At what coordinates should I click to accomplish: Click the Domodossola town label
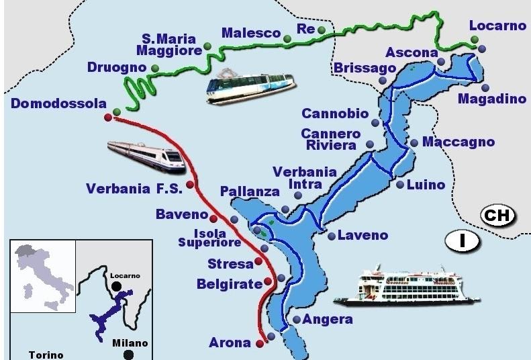click(x=59, y=103)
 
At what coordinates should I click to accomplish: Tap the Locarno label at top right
click(x=497, y=26)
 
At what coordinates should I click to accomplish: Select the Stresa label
click(x=230, y=263)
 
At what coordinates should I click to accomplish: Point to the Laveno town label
click(x=363, y=235)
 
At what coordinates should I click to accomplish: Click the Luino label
click(x=426, y=185)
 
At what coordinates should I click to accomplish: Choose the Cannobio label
click(x=335, y=114)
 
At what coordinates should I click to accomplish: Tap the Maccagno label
click(x=458, y=142)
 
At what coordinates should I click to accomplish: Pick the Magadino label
click(x=492, y=99)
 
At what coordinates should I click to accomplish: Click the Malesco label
click(x=250, y=33)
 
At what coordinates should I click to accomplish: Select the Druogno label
click(x=116, y=67)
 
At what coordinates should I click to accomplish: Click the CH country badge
click(x=498, y=216)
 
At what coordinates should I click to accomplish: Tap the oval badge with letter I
click(x=463, y=240)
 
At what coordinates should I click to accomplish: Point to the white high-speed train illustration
click(x=146, y=154)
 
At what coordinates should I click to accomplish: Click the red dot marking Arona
click(x=259, y=343)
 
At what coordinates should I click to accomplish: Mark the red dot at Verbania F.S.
click(x=190, y=185)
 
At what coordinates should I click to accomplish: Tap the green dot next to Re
click(x=322, y=30)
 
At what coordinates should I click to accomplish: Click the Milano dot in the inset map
click(x=128, y=355)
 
